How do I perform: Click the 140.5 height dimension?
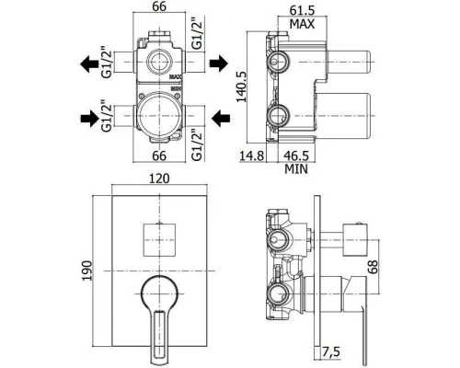242,87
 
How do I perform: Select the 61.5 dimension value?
303,10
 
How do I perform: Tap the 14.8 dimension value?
251,155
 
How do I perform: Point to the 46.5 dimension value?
296,155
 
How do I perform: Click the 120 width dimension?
159,178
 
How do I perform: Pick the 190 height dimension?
87,270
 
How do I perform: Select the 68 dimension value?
373,267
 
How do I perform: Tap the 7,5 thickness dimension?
331,351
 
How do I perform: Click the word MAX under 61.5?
303,24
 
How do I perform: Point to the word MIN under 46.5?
296,169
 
